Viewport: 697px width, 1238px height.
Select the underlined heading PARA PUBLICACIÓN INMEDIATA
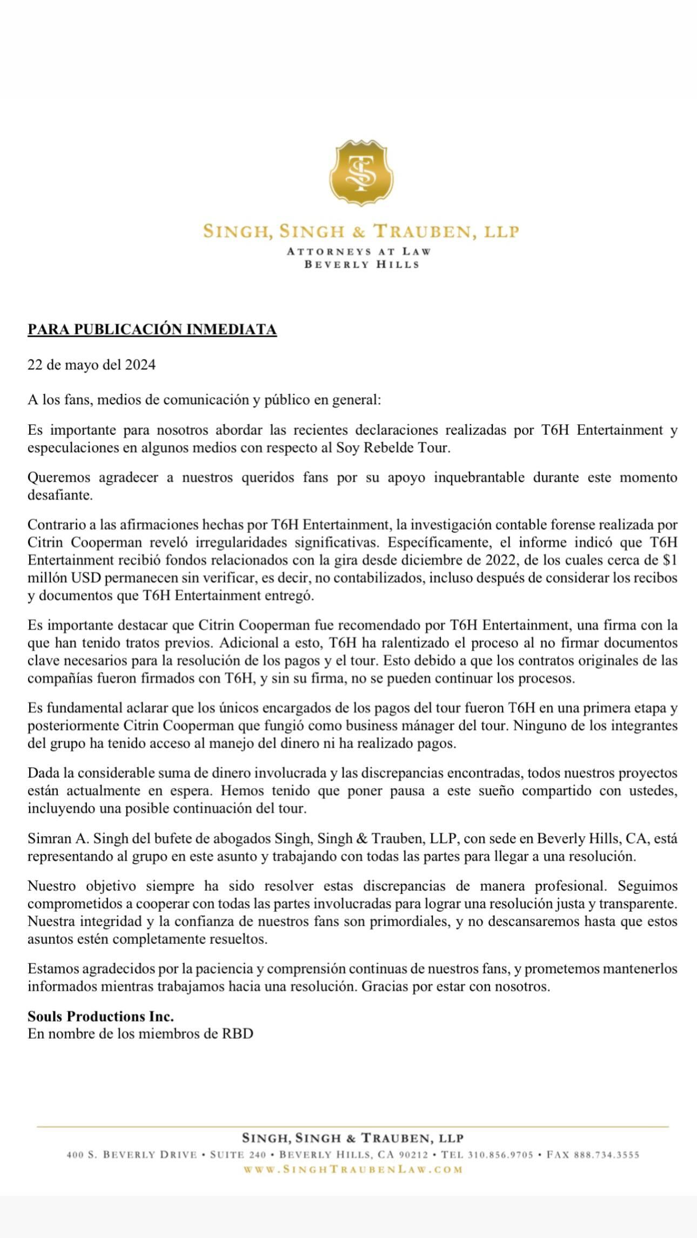(152, 329)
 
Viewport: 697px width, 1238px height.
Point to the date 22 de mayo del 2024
(91, 365)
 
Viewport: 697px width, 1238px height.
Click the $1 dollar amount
(669, 560)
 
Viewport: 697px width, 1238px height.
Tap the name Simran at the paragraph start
(48, 838)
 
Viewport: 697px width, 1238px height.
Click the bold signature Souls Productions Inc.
(100, 1017)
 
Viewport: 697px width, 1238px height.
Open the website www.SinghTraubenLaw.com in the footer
(353, 1169)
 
